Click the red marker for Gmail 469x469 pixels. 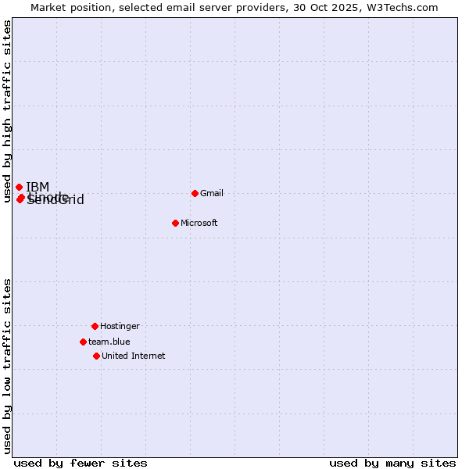(x=195, y=193)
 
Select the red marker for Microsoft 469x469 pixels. (x=175, y=223)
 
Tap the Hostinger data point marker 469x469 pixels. (x=95, y=326)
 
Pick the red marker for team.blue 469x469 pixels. (x=83, y=342)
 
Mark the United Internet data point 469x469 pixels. (x=96, y=356)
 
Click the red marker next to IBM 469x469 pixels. (x=19, y=187)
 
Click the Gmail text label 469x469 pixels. (x=212, y=193)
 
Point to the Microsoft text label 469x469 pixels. (x=199, y=223)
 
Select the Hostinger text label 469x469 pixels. (x=120, y=326)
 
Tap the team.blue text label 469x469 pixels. (x=109, y=342)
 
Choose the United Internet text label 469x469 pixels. (x=134, y=356)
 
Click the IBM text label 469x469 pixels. (x=38, y=187)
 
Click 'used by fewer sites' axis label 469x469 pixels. (x=81, y=463)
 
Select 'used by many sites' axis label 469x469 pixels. (x=392, y=463)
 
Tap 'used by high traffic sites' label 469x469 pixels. (x=7, y=112)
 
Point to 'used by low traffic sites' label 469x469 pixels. (x=7, y=366)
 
